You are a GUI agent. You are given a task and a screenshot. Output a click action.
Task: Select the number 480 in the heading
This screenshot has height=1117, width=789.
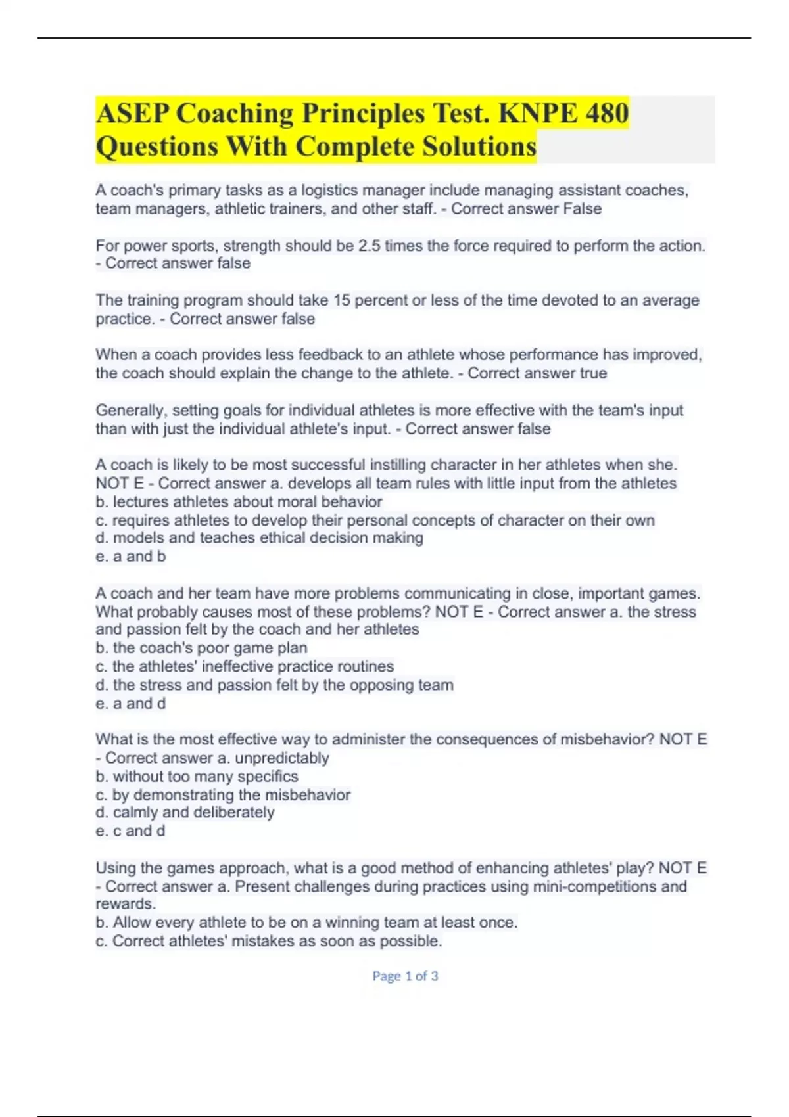tap(606, 113)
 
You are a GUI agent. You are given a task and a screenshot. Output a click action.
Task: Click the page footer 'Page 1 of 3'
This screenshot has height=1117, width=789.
tap(405, 976)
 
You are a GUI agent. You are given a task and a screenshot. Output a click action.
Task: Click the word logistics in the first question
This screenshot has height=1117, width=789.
tap(333, 191)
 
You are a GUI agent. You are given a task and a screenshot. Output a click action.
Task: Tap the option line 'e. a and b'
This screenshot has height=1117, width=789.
tap(131, 557)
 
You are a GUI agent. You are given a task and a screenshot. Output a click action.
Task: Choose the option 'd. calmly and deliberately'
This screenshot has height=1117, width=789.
tap(185, 813)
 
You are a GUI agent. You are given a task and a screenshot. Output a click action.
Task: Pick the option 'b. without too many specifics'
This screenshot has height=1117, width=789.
tap(197, 776)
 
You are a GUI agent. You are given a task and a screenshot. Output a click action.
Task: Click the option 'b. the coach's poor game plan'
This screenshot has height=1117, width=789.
tap(201, 648)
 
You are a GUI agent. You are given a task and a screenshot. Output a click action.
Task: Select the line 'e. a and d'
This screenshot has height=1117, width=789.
tap(131, 704)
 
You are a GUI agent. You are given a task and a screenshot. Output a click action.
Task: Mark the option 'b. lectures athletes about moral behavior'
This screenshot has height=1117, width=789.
tap(239, 502)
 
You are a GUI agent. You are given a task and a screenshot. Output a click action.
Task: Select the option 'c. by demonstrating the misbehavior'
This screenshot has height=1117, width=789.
tap(223, 794)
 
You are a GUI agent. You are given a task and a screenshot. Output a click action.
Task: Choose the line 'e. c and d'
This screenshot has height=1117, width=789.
tap(130, 831)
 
